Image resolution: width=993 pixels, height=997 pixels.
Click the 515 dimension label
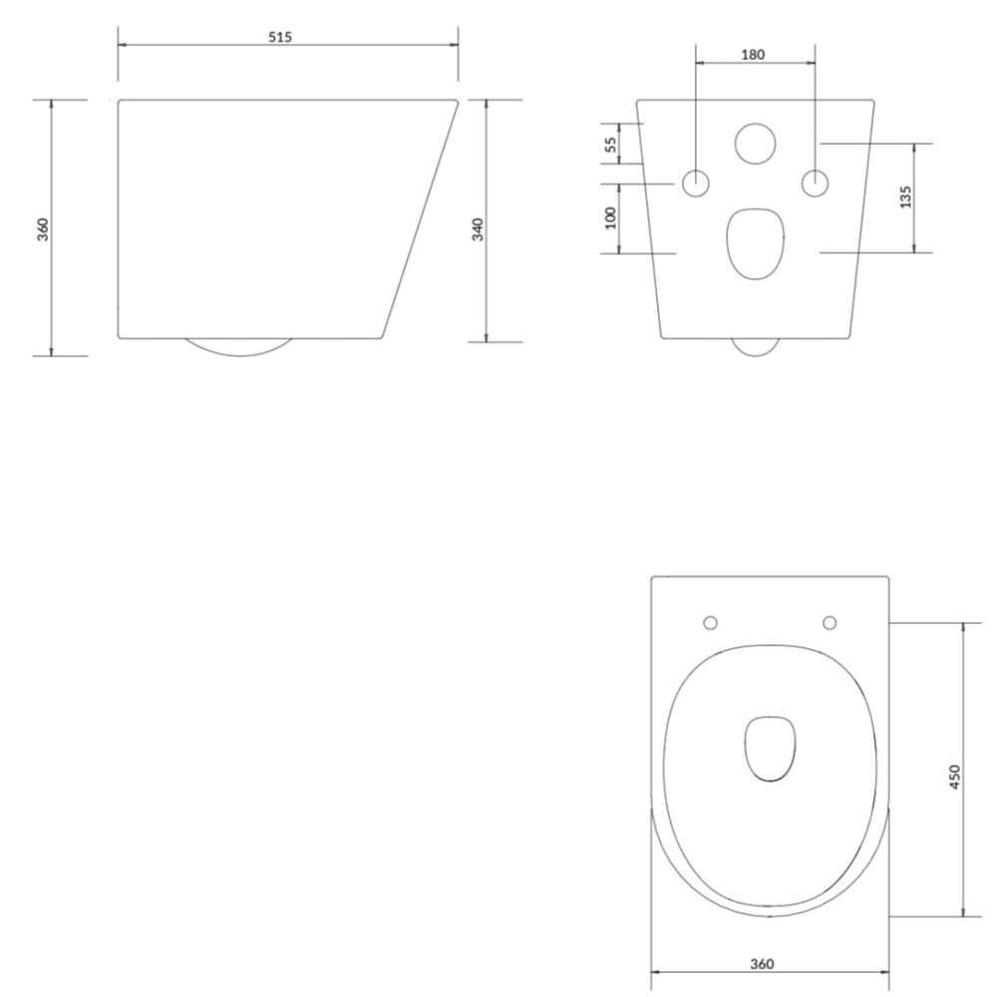click(x=280, y=37)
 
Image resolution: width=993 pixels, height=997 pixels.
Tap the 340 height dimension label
click(x=479, y=229)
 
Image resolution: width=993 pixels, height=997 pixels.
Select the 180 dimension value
click(x=753, y=55)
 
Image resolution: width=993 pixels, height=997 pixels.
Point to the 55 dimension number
click(x=610, y=145)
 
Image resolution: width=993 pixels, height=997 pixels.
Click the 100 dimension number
click(x=610, y=217)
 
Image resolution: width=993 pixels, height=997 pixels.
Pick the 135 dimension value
click(x=906, y=197)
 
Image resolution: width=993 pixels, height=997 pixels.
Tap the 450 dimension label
click(x=954, y=777)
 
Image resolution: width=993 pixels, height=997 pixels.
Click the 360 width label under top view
click(x=762, y=964)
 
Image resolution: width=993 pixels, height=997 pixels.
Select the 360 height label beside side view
click(x=43, y=229)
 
